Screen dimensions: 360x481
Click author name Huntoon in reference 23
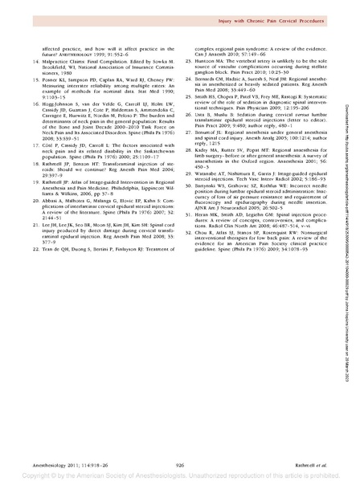(x=207, y=62)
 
